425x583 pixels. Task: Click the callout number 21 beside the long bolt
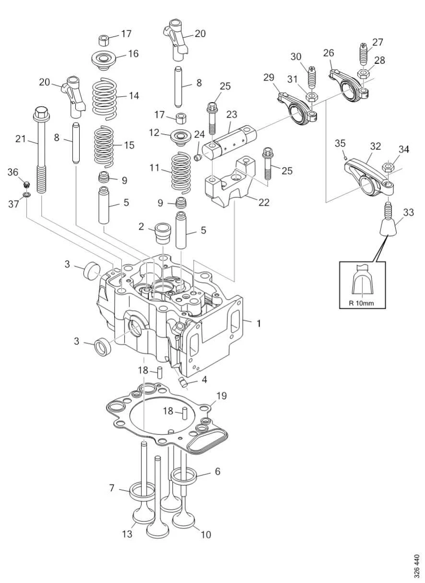20,139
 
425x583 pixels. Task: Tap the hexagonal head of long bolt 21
40,114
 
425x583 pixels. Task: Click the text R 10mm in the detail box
362,303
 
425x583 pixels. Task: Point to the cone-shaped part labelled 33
390,225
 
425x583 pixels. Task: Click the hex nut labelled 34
389,168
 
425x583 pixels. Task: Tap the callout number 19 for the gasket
221,396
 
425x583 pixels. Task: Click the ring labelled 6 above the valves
185,476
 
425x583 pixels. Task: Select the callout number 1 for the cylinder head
259,324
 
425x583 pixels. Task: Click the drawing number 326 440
416,566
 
